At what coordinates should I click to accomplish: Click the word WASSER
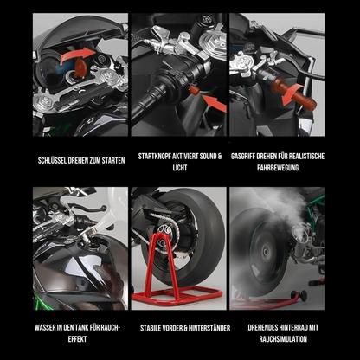click(x=44, y=327)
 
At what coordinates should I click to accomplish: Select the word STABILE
click(x=149, y=327)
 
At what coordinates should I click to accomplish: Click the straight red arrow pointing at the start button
click(x=210, y=104)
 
